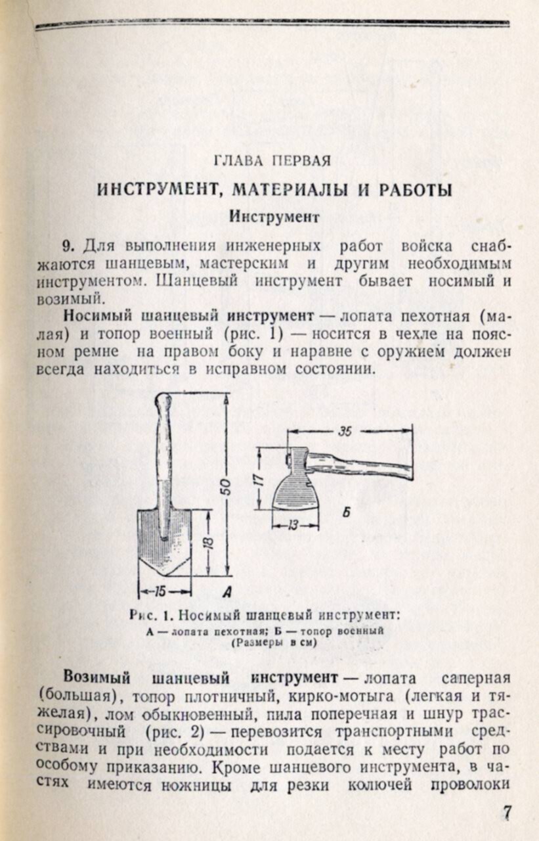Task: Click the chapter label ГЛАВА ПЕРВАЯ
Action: (272, 161)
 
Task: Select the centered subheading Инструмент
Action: (274, 216)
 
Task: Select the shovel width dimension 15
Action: (160, 591)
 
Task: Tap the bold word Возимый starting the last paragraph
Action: (97, 677)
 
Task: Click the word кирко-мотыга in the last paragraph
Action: (345, 694)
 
